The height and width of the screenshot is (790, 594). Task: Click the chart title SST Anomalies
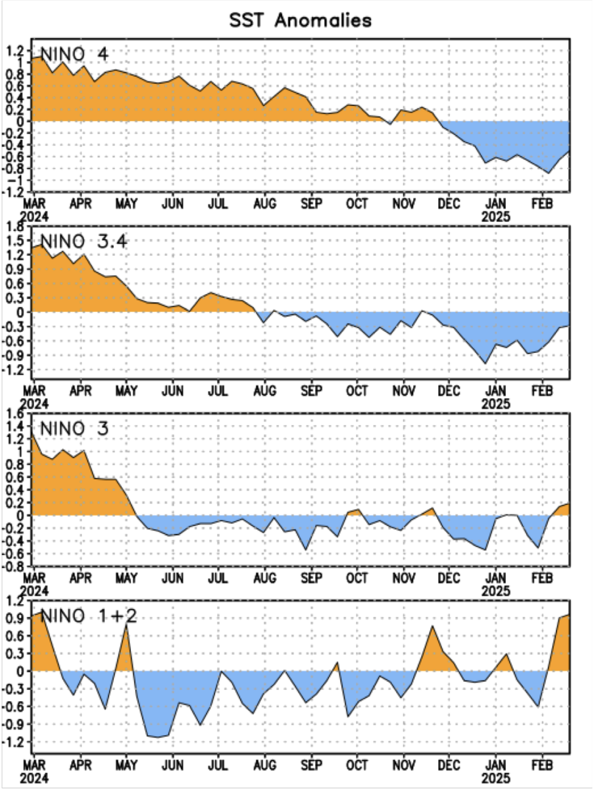(300, 20)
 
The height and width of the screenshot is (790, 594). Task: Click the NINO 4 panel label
(74, 55)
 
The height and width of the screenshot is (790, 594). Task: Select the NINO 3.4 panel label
(83, 242)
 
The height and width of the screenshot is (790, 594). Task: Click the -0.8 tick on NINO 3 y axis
(14, 566)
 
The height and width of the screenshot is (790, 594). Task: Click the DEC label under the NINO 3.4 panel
(449, 391)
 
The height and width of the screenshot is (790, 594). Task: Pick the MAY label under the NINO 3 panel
(126, 579)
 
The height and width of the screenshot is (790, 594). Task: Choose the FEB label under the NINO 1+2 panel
(541, 766)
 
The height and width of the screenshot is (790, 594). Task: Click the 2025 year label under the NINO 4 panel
(495, 215)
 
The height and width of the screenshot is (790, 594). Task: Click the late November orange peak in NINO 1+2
(433, 625)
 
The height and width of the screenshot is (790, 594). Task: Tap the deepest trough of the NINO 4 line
(549, 173)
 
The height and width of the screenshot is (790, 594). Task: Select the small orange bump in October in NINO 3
(357, 510)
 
